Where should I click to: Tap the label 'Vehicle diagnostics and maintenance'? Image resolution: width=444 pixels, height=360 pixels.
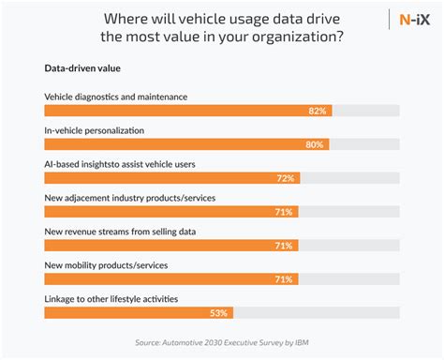coord(115,96)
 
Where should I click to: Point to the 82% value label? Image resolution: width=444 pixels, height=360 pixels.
coord(318,111)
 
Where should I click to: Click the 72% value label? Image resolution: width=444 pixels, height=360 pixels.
coord(285,178)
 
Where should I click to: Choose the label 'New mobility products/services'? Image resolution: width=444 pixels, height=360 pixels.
coord(106,264)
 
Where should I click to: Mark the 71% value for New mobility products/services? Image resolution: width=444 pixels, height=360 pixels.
coord(282,279)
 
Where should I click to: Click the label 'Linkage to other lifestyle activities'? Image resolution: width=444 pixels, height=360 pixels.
coord(112,298)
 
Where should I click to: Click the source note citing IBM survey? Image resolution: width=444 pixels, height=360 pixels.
coord(222,342)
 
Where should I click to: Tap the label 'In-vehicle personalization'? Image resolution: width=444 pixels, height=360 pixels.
coord(94,129)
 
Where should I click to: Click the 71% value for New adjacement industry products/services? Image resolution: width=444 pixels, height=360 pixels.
coord(282,212)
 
